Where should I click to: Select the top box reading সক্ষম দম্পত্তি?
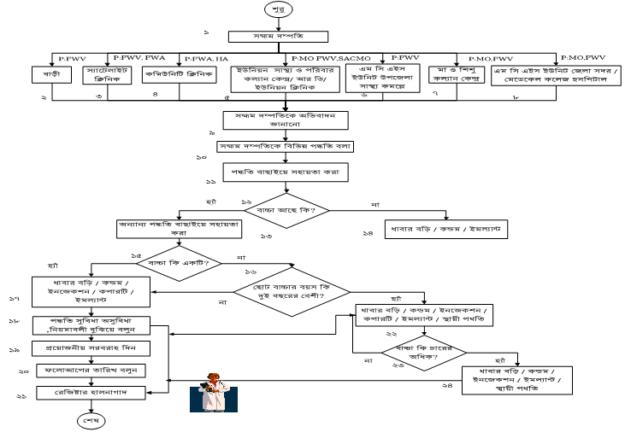pos(278,36)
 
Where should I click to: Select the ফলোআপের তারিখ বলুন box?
pos(93,371)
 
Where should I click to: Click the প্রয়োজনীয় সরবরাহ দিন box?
pos(92,348)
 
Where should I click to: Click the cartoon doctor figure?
pos(212,392)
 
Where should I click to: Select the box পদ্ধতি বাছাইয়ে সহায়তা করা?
pos(284,172)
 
